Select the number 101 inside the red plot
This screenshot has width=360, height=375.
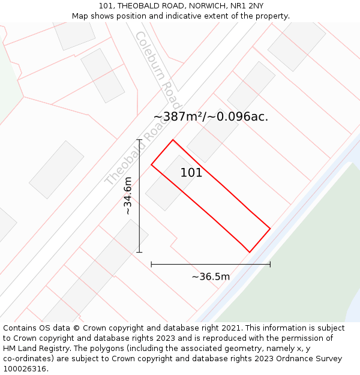(x=191, y=173)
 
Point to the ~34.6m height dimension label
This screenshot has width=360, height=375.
(x=127, y=196)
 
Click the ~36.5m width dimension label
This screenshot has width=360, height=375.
(x=211, y=277)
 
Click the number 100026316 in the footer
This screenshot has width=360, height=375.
(x=23, y=369)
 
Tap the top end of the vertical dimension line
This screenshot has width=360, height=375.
(x=139, y=140)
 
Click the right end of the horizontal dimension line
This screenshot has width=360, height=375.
(x=270, y=264)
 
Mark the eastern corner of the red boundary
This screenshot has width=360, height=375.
(x=270, y=229)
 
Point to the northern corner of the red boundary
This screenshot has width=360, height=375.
(x=173, y=140)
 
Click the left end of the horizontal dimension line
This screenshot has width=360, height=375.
(x=151, y=264)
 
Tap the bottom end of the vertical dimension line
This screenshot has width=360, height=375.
(x=139, y=252)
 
